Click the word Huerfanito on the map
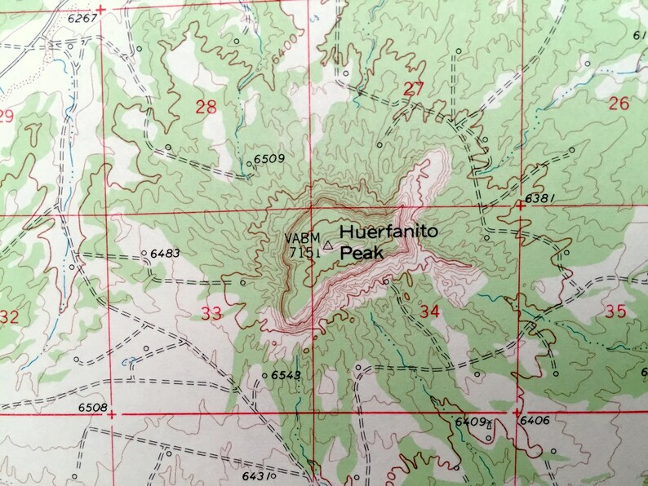[388, 232]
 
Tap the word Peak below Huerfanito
[362, 254]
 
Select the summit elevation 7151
[304, 252]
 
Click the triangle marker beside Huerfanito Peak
[328, 244]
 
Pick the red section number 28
[206, 106]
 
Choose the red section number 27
[414, 89]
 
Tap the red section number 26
[619, 103]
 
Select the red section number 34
[429, 310]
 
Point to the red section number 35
[616, 311]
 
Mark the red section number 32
[8, 316]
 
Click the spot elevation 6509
[269, 158]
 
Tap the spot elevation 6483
[165, 254]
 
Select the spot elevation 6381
[540, 197]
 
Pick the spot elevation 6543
[286, 375]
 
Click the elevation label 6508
[92, 407]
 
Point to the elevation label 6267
[81, 17]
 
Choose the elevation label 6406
[533, 421]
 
